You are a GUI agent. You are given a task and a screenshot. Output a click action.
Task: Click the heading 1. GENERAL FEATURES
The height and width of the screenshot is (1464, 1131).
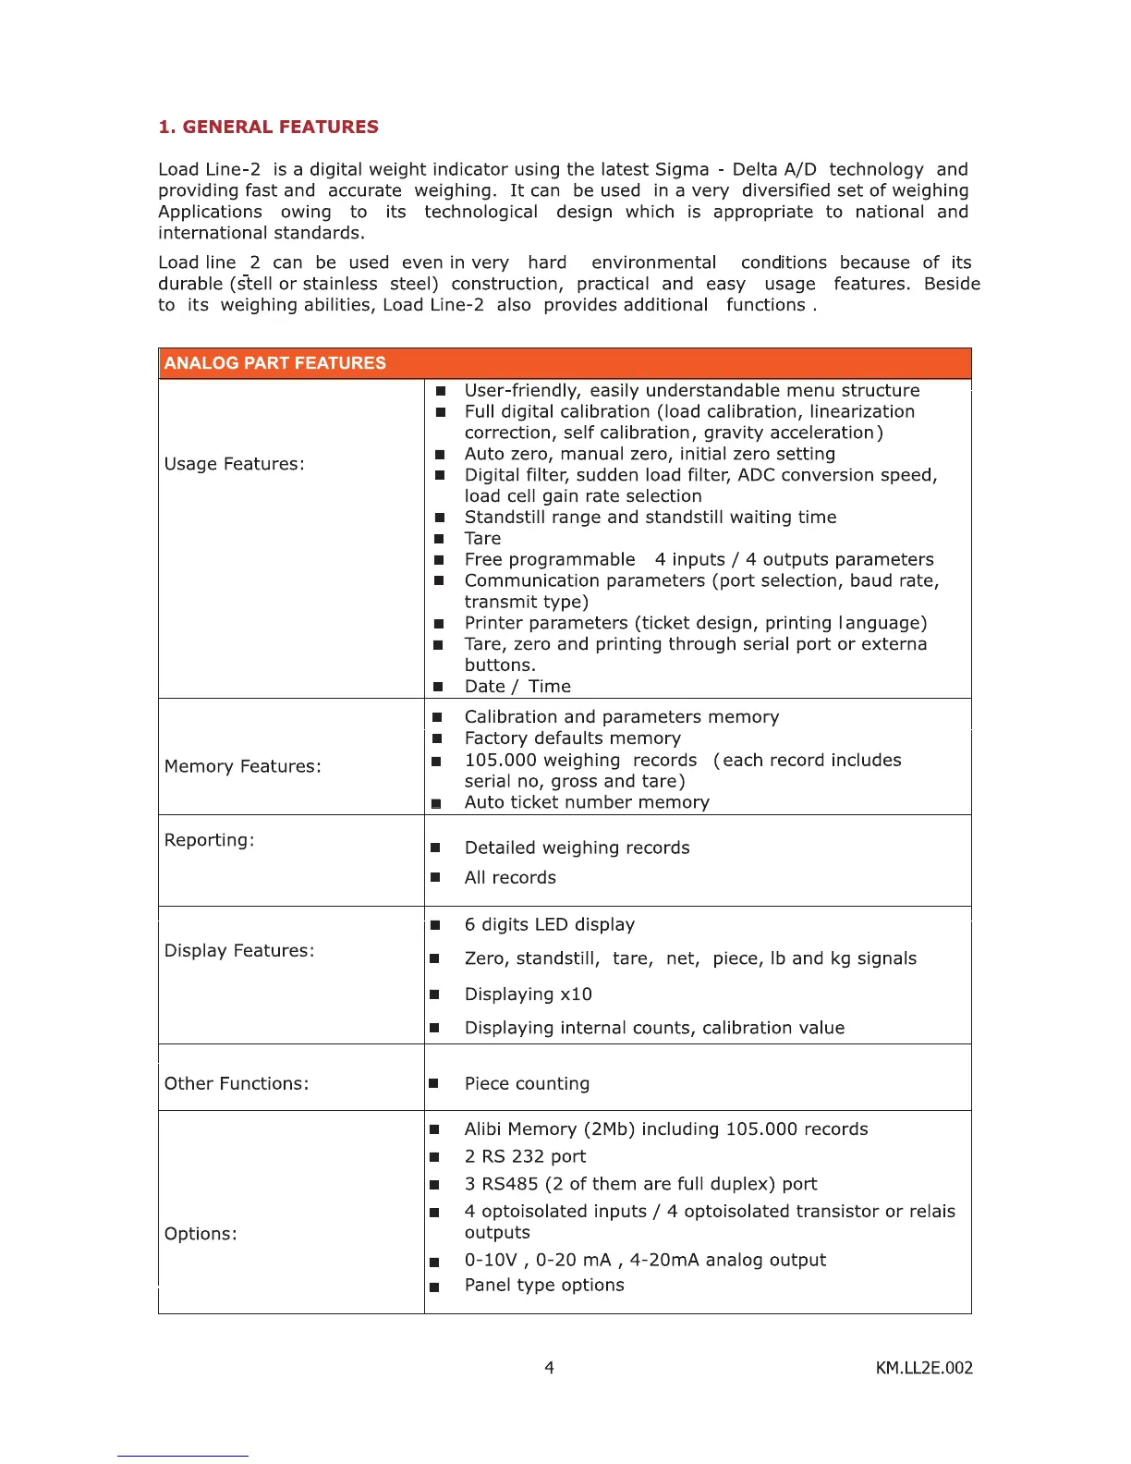pyautogui.click(x=268, y=127)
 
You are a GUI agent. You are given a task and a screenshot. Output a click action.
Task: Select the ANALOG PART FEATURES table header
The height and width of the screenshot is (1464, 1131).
pyautogui.click(x=275, y=363)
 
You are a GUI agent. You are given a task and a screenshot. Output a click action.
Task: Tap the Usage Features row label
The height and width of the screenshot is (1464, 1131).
pyautogui.click(x=234, y=464)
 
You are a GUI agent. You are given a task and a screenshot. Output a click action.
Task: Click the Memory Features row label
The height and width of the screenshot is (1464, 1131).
pyautogui.click(x=242, y=766)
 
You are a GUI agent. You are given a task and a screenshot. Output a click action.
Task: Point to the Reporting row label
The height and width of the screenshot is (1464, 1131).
pyautogui.click(x=209, y=840)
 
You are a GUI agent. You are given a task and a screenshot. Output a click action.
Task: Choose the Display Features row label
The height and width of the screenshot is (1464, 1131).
pyautogui.click(x=239, y=951)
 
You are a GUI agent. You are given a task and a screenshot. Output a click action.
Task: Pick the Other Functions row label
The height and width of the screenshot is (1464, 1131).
pyautogui.click(x=237, y=1083)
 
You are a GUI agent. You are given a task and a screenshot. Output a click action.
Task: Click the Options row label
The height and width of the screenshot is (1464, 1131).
pyautogui.click(x=201, y=1234)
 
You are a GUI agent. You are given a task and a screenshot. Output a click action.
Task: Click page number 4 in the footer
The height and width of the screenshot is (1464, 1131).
pyautogui.click(x=549, y=1368)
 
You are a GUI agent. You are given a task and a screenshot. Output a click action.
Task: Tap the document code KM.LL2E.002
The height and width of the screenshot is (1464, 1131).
pyautogui.click(x=924, y=1368)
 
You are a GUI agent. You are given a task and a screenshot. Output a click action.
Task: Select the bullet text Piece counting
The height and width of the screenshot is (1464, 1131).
pyautogui.click(x=527, y=1083)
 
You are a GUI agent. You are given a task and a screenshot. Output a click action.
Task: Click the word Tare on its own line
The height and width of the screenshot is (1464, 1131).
pyautogui.click(x=482, y=539)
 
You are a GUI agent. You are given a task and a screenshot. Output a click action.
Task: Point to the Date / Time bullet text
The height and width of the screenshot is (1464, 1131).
pyautogui.click(x=517, y=687)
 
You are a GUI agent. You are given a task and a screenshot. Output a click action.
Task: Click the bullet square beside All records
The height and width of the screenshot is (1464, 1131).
pyautogui.click(x=435, y=878)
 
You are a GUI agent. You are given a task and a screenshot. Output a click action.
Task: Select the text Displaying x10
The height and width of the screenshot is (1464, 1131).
pyautogui.click(x=528, y=994)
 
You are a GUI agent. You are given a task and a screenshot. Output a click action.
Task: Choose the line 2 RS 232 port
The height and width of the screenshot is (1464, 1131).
pyautogui.click(x=525, y=1157)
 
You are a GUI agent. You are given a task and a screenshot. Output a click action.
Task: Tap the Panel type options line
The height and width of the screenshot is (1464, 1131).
pyautogui.click(x=544, y=1286)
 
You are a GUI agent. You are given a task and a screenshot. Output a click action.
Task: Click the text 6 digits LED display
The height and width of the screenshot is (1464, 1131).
pyautogui.click(x=550, y=925)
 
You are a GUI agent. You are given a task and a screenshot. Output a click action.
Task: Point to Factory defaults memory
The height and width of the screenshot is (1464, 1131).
pyautogui.click(x=572, y=738)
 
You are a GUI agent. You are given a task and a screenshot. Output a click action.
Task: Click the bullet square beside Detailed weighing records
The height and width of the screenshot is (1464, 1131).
pyautogui.click(x=435, y=848)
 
